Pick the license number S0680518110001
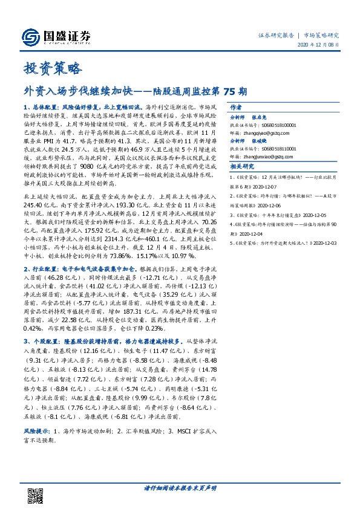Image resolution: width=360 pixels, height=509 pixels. [283, 148]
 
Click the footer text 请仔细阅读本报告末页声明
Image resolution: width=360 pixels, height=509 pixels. [180, 488]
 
